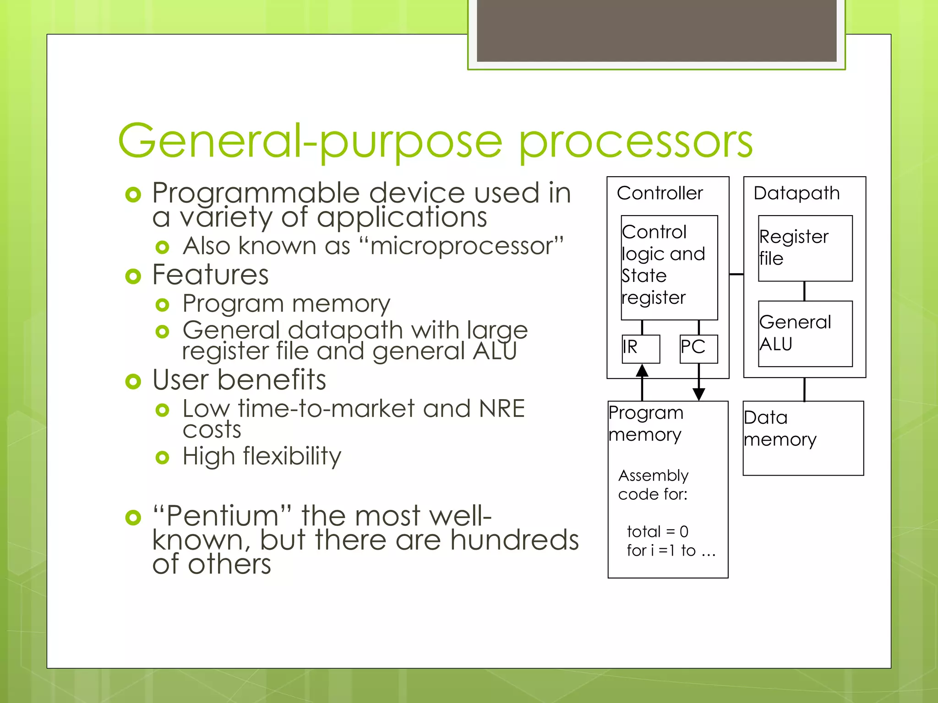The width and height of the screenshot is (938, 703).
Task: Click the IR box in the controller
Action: click(x=641, y=349)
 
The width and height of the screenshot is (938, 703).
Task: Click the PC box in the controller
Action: click(x=698, y=349)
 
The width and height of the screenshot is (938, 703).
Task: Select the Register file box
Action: click(x=805, y=248)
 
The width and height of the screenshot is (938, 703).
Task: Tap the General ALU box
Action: click(x=805, y=333)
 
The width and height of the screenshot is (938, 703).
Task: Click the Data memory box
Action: click(x=803, y=438)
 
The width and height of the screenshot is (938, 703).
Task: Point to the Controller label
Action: click(x=660, y=193)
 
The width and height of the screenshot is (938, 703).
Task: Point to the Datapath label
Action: click(x=796, y=193)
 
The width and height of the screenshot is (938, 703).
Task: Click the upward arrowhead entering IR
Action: click(x=642, y=370)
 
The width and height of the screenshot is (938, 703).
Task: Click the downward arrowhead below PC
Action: click(x=698, y=394)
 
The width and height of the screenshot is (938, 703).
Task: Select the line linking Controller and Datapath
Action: click(x=736, y=274)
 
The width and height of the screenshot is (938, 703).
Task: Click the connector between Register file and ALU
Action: click(x=804, y=291)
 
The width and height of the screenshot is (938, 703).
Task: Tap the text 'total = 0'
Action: click(x=657, y=531)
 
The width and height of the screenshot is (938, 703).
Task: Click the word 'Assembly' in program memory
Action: click(x=653, y=476)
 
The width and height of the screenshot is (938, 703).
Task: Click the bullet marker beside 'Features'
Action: click(x=133, y=276)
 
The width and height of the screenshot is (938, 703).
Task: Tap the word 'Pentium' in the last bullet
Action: click(x=223, y=516)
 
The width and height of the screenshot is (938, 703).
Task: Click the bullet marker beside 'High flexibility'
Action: click(x=162, y=457)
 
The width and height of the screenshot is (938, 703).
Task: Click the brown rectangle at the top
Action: click(x=656, y=30)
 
